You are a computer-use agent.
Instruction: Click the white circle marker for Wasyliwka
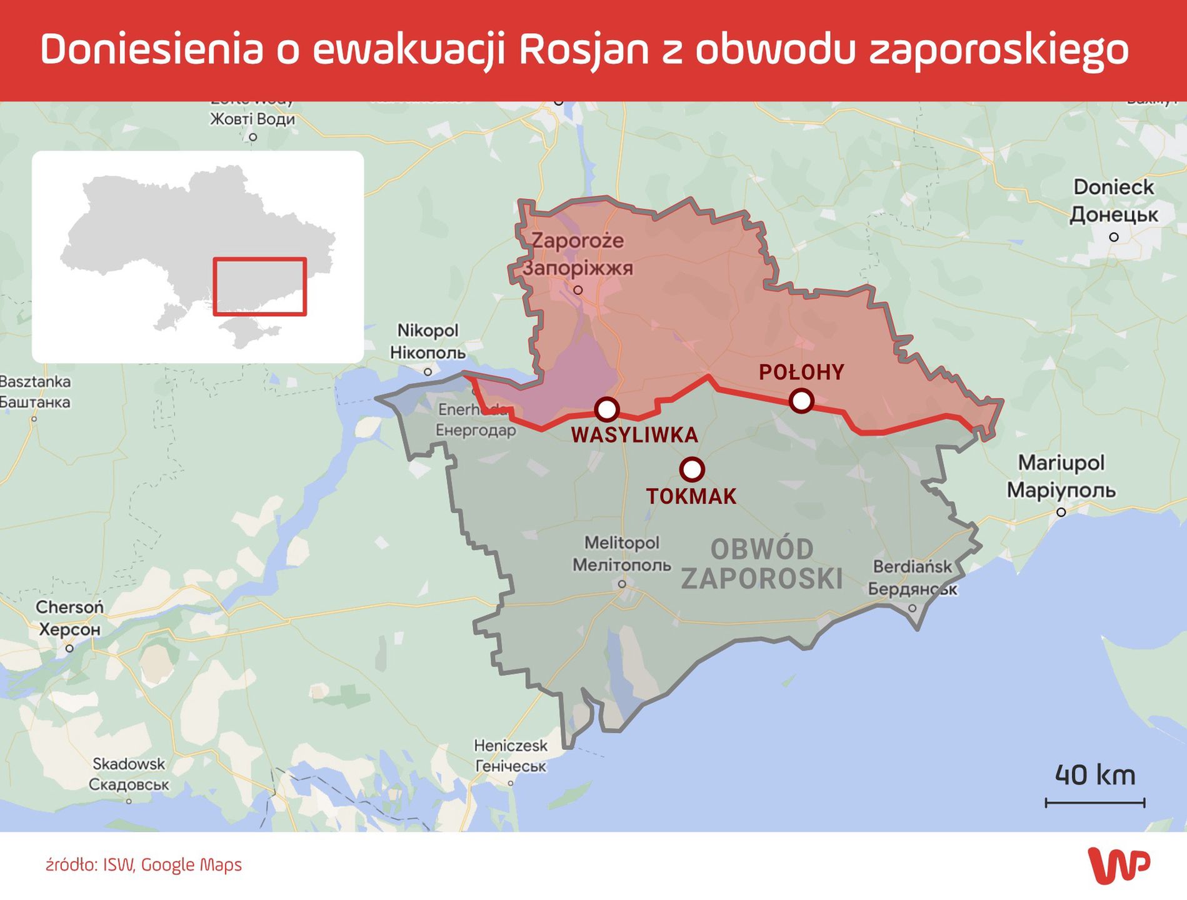(606, 409)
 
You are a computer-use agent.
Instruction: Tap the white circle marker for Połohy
(801, 400)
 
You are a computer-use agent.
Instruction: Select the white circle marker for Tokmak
(691, 468)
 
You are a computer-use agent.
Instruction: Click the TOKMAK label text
(691, 497)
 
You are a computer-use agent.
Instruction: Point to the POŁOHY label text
(801, 372)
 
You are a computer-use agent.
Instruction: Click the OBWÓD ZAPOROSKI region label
(761, 564)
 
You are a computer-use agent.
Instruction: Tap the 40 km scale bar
(1094, 802)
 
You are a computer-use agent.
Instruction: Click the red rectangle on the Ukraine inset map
(259, 286)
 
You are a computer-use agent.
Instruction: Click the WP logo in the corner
(1118, 866)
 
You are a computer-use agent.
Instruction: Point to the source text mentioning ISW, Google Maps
(144, 865)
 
